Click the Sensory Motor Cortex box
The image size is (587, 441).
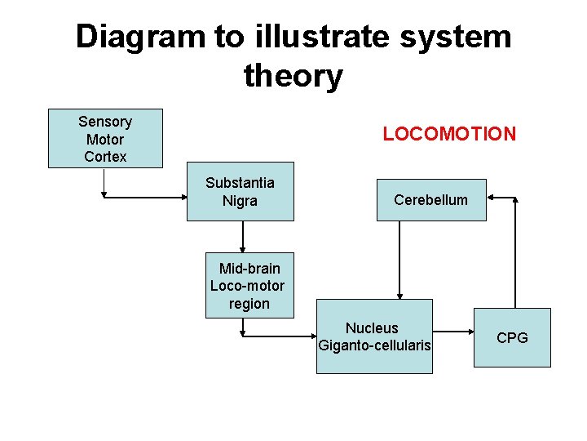point(105,138)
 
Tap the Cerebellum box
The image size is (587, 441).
point(430,199)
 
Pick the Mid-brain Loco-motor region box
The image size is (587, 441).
point(249,285)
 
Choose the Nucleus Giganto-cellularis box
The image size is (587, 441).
point(374,336)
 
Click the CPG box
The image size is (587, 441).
point(512,337)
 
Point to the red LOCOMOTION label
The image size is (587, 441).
point(449,134)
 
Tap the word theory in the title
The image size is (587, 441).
point(293,76)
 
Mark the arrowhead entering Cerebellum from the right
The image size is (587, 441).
point(492,197)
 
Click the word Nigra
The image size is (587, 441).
point(240,201)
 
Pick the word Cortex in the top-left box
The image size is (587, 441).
point(105,156)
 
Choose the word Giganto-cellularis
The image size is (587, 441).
point(374,345)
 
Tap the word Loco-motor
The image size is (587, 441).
point(248,286)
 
